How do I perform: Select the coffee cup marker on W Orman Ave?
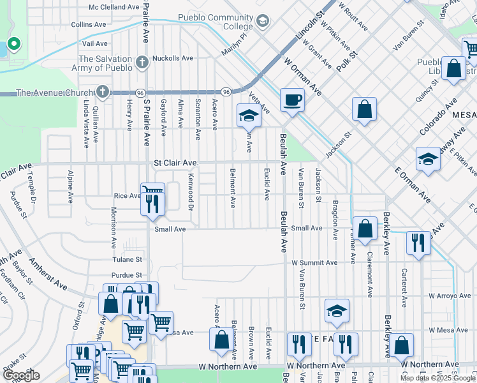point(291,100)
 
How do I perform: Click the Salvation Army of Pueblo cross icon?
point(142,63)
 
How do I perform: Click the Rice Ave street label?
point(127,196)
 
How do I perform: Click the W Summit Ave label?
point(314,262)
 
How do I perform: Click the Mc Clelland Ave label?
point(114,8)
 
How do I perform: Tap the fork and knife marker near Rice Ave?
point(152,204)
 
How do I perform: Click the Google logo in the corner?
point(21,375)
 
